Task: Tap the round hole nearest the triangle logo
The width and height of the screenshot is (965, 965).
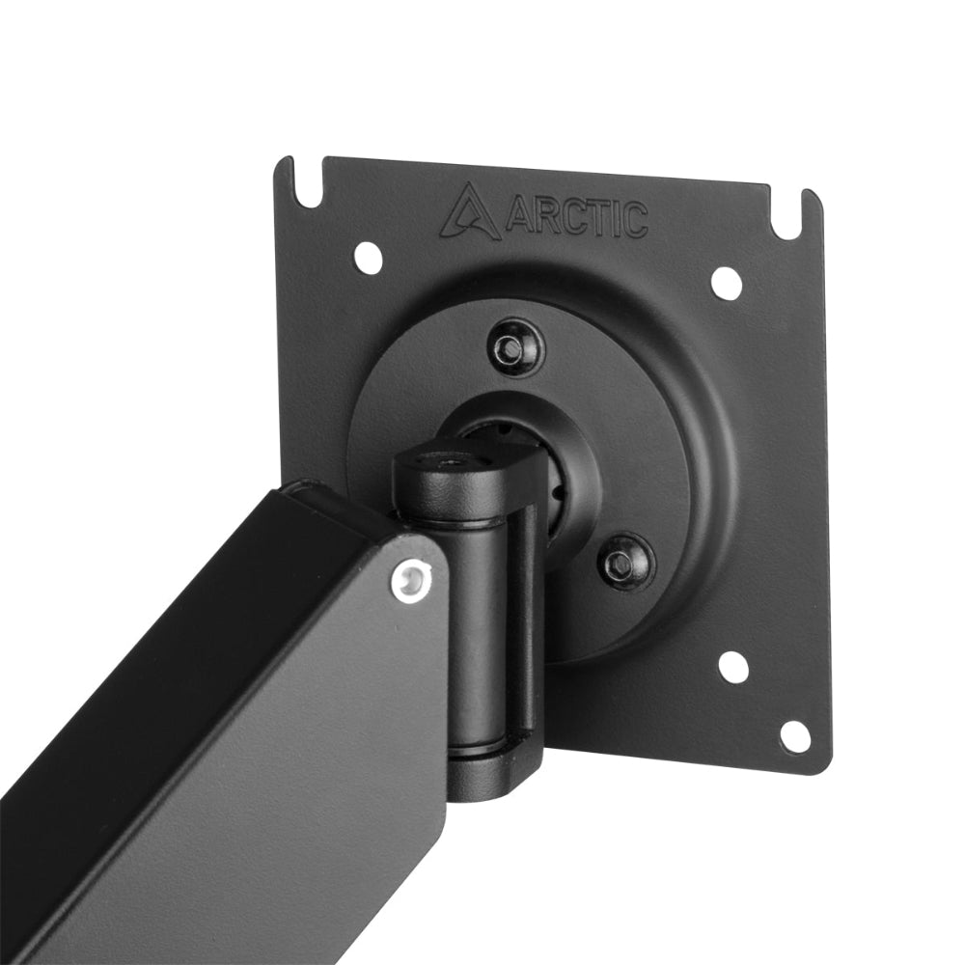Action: pyautogui.click(x=367, y=255)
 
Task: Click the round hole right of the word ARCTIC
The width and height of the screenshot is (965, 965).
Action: pyautogui.click(x=726, y=282)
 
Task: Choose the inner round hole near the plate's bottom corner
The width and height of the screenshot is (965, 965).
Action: pyautogui.click(x=732, y=666)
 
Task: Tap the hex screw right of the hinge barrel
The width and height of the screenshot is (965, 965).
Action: pyautogui.click(x=625, y=562)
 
